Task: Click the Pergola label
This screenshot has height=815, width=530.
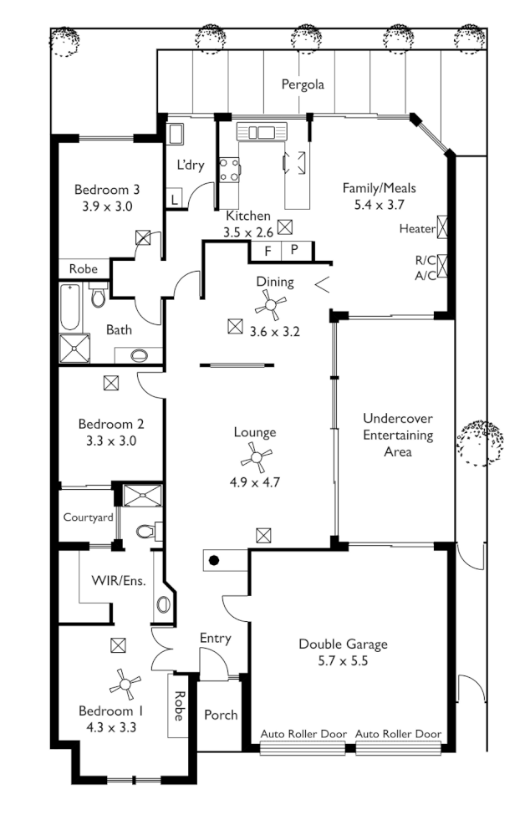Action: click(x=302, y=84)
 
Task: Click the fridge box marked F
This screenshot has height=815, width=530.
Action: click(x=268, y=250)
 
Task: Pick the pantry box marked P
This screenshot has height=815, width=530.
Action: click(x=294, y=250)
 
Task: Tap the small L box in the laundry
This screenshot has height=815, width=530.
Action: click(x=174, y=200)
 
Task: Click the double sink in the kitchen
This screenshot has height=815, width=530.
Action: click(x=262, y=131)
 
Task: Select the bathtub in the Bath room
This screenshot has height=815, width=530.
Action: click(x=69, y=308)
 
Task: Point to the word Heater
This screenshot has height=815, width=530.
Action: click(x=417, y=228)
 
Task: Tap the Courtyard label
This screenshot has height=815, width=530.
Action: click(x=88, y=517)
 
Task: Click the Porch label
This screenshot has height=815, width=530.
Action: click(x=221, y=715)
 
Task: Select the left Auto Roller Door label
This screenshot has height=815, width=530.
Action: click(x=303, y=734)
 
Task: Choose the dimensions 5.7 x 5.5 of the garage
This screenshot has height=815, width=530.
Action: click(x=344, y=660)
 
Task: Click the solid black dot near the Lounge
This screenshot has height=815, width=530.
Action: click(x=214, y=561)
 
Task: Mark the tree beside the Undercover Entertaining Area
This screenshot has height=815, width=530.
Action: click(x=478, y=442)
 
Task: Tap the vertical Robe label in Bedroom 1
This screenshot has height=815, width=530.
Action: click(x=179, y=705)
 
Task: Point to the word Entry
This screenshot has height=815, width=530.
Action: click(x=215, y=639)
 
